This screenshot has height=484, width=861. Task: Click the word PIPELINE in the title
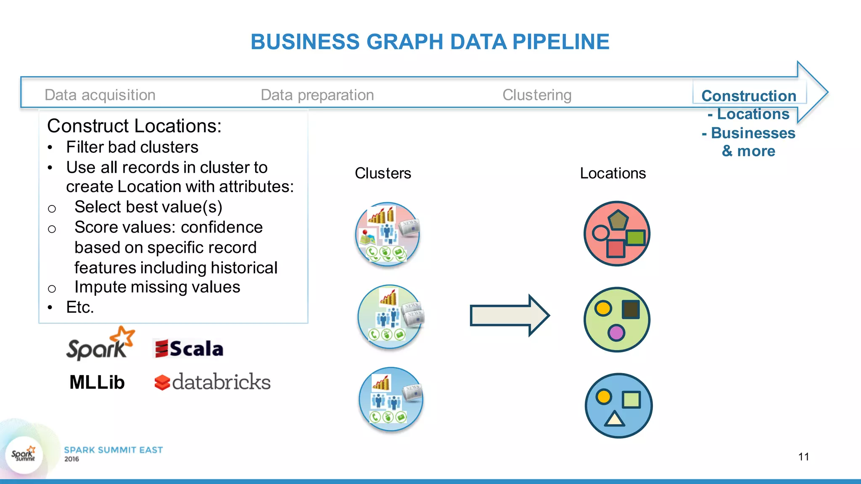560,42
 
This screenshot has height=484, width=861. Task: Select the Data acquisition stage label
100,95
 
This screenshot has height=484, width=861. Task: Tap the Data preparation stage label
317,95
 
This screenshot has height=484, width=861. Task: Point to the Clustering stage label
537,95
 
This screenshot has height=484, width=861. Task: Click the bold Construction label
749,96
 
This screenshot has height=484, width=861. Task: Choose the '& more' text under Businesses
748,151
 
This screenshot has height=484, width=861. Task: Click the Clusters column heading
383,173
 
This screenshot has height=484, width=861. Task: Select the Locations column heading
613,173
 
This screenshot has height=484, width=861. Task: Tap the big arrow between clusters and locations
509,316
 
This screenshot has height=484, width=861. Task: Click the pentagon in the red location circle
617,220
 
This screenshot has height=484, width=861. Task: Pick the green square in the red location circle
635,237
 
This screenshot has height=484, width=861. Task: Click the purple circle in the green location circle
616,333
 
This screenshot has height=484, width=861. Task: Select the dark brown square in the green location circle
631,310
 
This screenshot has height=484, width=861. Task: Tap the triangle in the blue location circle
614,419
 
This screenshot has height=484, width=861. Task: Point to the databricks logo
213,382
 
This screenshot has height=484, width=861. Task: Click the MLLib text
97,382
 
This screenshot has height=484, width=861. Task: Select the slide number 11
803,457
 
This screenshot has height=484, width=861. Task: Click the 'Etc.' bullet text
80,307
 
